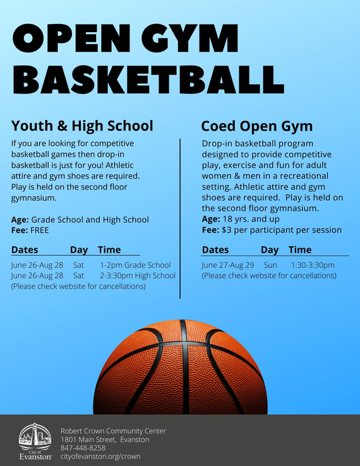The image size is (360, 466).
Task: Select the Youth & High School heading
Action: pyautogui.click(x=82, y=125)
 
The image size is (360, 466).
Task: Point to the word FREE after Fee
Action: pyautogui.click(x=39, y=230)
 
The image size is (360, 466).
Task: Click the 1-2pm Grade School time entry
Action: pyautogui.click(x=135, y=265)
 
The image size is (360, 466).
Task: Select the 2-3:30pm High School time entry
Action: pyautogui.click(x=138, y=276)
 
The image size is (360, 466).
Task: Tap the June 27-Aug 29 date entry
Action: pyautogui.click(x=227, y=265)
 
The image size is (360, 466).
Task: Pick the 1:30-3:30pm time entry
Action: pyautogui.click(x=313, y=265)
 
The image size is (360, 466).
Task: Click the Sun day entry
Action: pyautogui.click(x=270, y=265)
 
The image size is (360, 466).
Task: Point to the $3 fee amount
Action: pyautogui.click(x=226, y=230)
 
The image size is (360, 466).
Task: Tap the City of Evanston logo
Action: pyautogui.click(x=35, y=440)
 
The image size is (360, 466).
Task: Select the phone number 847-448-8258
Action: pyautogui.click(x=83, y=448)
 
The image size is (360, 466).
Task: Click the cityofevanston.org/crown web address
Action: pyautogui.click(x=100, y=456)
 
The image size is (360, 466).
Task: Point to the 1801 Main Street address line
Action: pyautogui.click(x=104, y=439)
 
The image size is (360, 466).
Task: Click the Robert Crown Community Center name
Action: pyautogui.click(x=113, y=431)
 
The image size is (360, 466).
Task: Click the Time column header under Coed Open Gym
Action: pyautogui.click(x=300, y=250)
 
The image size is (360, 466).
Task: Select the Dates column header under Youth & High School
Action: pyautogui.click(x=25, y=250)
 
